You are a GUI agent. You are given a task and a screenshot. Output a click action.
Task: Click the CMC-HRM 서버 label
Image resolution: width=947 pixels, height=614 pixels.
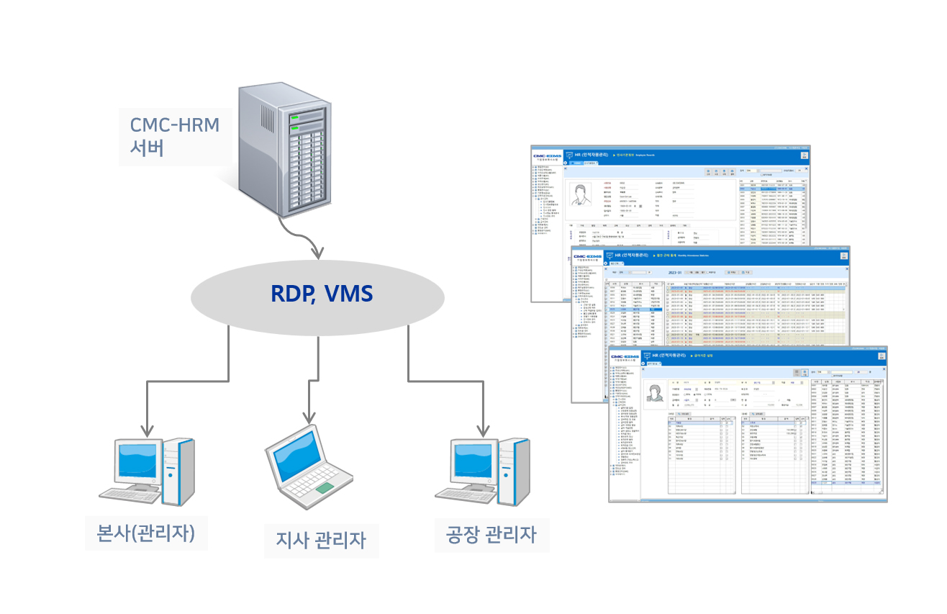tap(174, 136)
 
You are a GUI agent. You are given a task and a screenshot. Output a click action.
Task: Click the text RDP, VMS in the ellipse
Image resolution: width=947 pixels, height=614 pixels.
tap(322, 294)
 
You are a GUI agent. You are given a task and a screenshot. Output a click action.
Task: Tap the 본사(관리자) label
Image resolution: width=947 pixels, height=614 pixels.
tap(146, 533)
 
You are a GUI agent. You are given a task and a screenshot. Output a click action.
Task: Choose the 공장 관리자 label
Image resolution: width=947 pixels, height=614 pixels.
tap(491, 534)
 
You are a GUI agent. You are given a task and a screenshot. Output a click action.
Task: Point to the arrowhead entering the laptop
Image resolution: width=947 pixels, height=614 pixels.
tap(308, 418)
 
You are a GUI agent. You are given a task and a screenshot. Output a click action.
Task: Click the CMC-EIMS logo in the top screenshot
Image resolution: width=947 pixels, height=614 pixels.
tap(547, 155)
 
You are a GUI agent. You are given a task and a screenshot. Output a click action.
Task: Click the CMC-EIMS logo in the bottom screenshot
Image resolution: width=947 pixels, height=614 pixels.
tap(625, 357)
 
